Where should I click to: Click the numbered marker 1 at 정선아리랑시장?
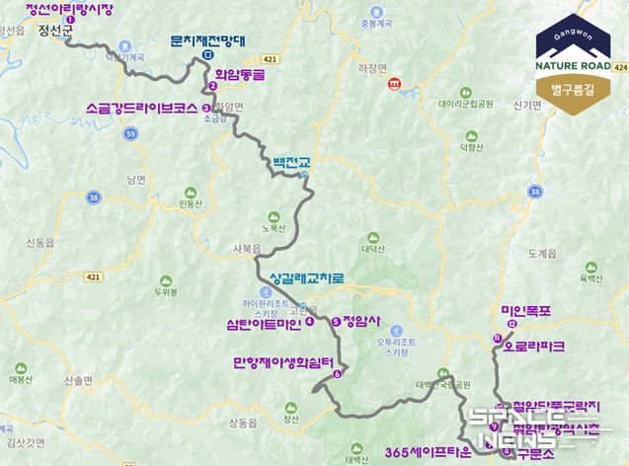pyautogui.click(x=70, y=20)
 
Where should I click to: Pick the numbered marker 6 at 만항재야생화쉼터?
pyautogui.click(x=337, y=374)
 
